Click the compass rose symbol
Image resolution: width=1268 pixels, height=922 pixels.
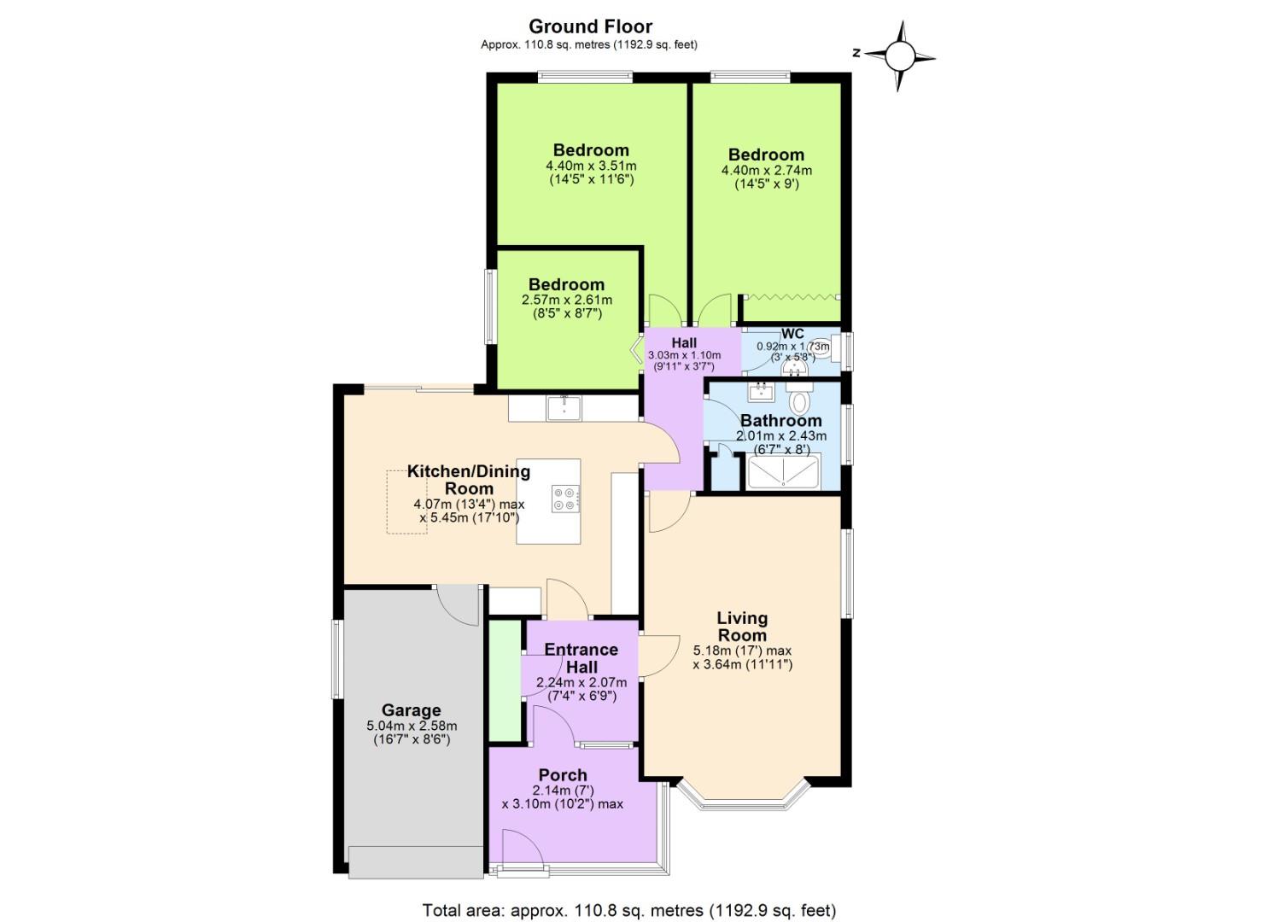899,56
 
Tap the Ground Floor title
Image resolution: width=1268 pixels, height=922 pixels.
590,26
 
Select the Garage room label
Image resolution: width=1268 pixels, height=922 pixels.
411,710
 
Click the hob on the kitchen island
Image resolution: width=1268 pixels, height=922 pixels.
564,499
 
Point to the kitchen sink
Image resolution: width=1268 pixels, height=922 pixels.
564,407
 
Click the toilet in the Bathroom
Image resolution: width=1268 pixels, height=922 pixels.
800,399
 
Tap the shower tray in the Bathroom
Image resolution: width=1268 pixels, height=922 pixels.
783,472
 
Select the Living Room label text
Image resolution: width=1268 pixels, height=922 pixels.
742,627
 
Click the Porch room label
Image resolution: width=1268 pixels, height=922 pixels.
563,775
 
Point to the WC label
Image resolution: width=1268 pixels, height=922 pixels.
792,334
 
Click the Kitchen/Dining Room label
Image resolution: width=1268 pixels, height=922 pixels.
469,480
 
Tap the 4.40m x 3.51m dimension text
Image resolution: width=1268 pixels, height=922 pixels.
591,166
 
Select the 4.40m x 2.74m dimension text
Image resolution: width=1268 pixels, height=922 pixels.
766,171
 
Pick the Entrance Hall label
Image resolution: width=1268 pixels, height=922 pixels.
581,658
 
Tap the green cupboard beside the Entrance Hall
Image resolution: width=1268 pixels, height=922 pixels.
504,680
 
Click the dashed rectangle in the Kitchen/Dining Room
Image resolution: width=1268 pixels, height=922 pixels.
406,502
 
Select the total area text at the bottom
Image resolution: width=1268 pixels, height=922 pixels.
628,910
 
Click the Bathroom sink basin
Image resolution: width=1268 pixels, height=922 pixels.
760,392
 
